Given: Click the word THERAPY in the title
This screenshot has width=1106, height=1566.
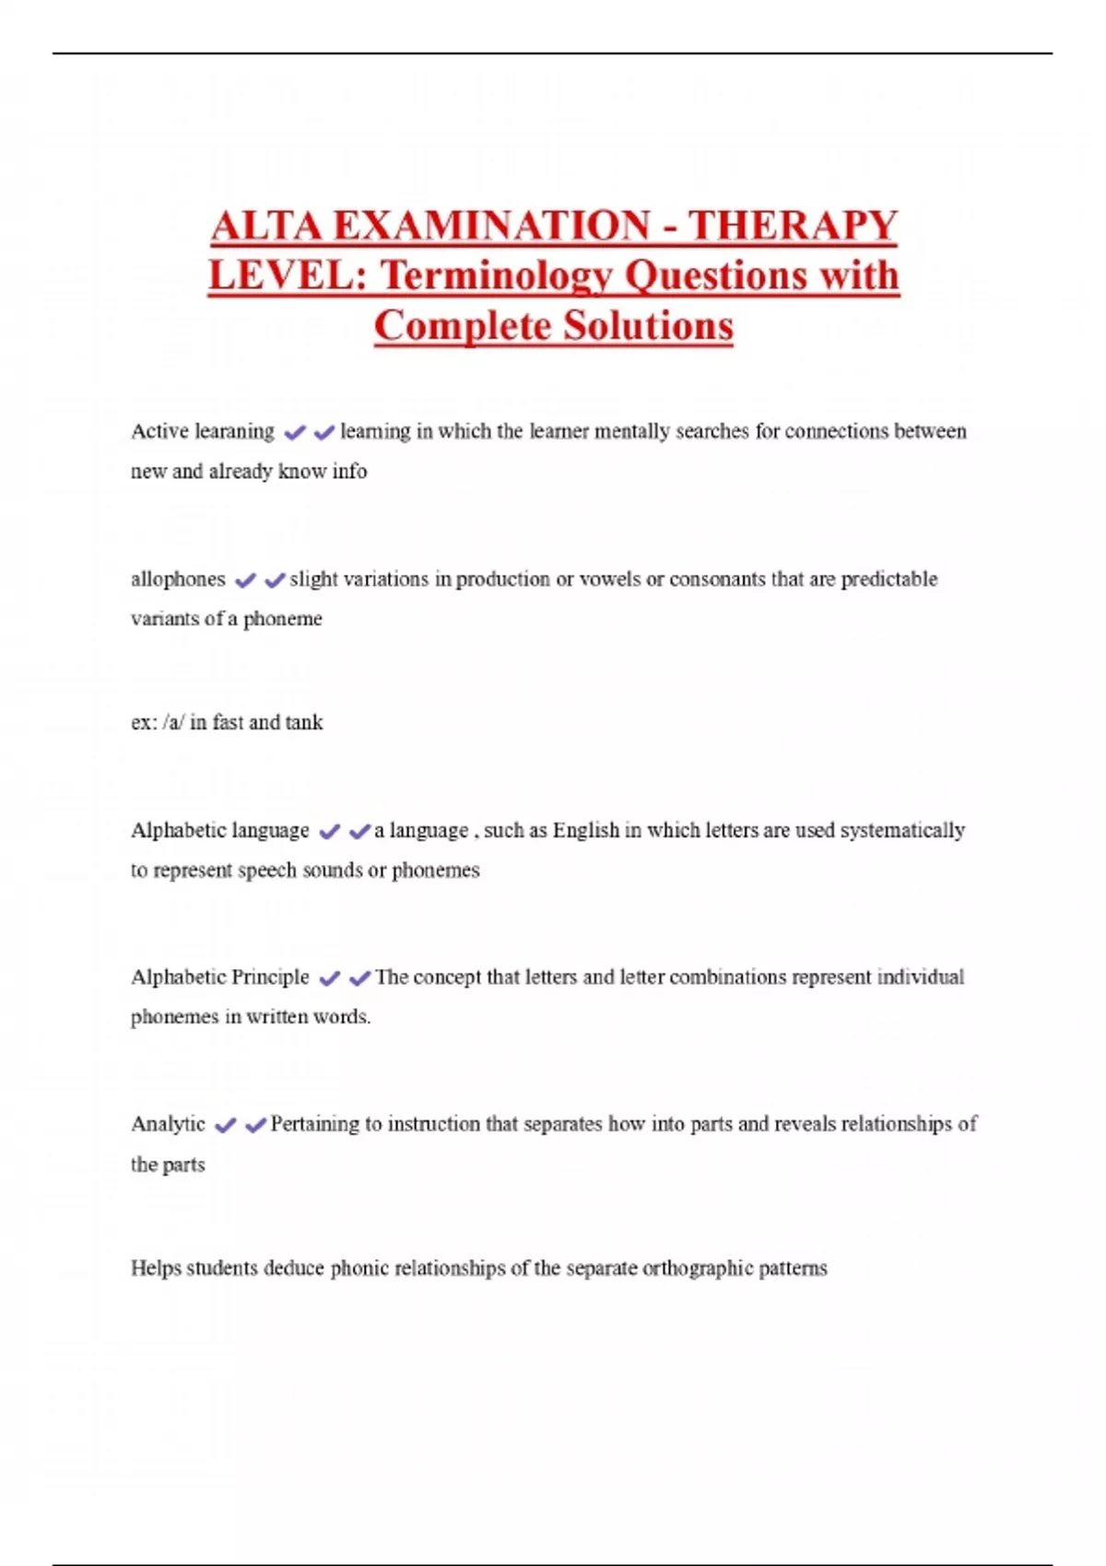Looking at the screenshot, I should (793, 227).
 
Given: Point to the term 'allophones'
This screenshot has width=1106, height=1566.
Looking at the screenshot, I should (178, 579).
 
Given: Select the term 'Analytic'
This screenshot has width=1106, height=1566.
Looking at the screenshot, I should (168, 1124).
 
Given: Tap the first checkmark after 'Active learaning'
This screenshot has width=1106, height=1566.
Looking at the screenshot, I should (295, 432).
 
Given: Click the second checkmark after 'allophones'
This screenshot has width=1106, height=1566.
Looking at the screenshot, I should (275, 580).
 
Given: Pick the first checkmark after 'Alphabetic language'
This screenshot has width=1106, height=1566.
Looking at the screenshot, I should (329, 832).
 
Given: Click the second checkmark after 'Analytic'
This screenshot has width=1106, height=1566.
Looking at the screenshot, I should (255, 1125).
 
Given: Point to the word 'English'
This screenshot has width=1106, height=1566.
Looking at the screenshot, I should (586, 830).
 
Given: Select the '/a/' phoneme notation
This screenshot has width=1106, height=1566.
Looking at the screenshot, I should (172, 722).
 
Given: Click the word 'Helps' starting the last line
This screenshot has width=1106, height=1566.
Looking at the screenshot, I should (156, 1268).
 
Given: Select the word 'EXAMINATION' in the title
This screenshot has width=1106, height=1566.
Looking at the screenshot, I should (491, 227).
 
